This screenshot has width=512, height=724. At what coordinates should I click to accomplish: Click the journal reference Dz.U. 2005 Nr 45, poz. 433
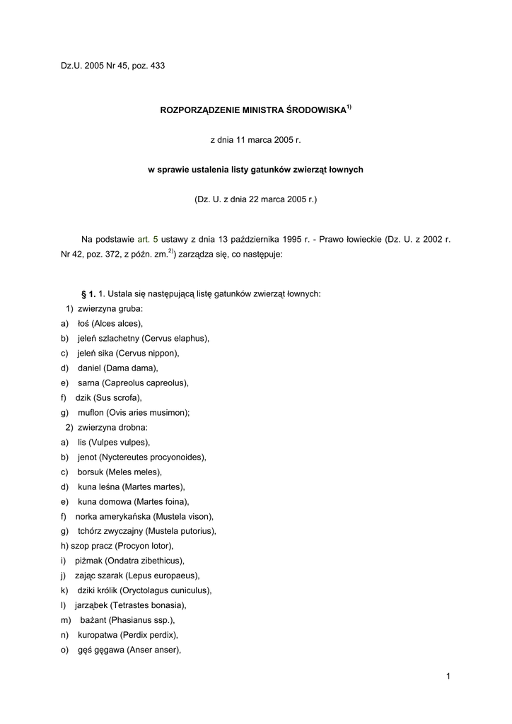[x=112, y=66]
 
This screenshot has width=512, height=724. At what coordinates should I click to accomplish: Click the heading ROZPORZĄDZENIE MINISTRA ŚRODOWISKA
[x=253, y=111]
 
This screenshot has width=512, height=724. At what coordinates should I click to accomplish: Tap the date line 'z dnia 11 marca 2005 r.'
[x=256, y=141]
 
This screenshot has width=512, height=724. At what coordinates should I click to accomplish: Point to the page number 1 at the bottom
[x=448, y=677]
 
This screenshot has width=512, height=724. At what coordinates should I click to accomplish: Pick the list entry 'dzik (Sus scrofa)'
[x=109, y=397]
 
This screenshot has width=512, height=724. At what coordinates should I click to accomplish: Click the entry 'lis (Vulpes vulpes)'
[x=113, y=442]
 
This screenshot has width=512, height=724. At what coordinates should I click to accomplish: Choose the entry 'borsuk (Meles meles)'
[x=120, y=472]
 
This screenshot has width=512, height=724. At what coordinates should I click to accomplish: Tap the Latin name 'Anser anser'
[x=153, y=650]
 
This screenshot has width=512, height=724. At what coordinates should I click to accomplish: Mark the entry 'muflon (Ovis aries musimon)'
[x=132, y=412]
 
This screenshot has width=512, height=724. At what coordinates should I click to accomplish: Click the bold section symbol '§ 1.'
[x=88, y=293]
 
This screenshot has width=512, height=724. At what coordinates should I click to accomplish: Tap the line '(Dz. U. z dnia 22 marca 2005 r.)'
[x=256, y=200]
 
